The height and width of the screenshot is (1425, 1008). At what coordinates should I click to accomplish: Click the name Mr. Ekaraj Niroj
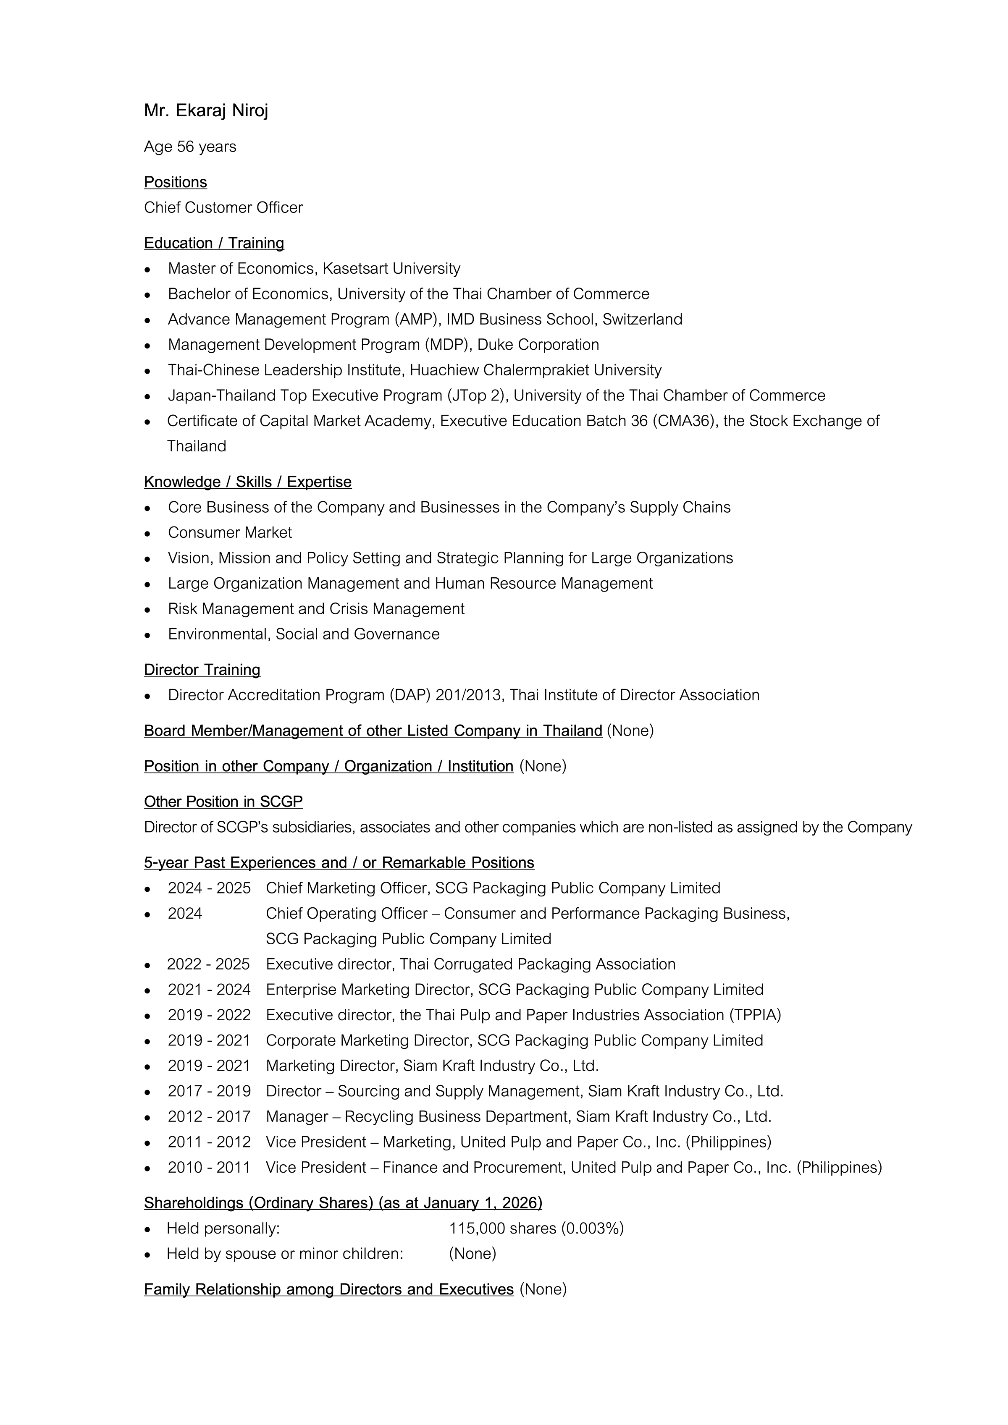coord(206,110)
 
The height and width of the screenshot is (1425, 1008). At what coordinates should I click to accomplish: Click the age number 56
coord(186,147)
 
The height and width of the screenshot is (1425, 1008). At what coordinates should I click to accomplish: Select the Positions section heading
coord(176,182)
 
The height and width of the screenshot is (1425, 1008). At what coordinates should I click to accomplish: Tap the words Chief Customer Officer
coord(223,207)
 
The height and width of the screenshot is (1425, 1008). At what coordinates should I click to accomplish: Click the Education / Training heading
coord(214,243)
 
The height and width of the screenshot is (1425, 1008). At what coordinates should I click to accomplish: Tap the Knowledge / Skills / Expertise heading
coord(248,482)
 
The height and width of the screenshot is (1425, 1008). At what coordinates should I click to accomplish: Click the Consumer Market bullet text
coord(230,532)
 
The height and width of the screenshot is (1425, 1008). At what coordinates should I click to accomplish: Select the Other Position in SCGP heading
coord(223,802)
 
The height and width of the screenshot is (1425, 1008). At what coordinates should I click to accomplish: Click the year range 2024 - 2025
coord(209,888)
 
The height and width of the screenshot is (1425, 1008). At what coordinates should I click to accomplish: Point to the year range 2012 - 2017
coord(209,1116)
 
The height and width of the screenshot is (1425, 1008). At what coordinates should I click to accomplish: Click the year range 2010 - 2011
coord(209,1168)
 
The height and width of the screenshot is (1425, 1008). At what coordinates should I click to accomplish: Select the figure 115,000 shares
coord(502,1228)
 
